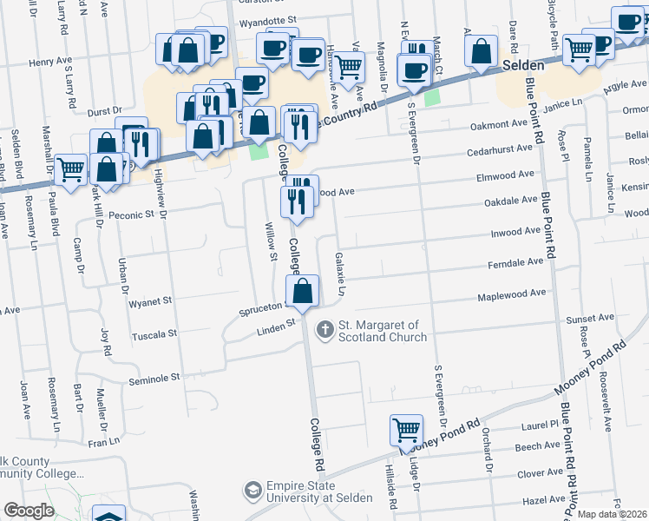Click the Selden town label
tap(523, 66)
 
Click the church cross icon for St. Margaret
tap(325, 329)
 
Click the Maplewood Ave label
tap(511, 297)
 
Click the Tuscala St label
tap(154, 333)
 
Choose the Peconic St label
tap(130, 214)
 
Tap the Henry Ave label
tap(47, 63)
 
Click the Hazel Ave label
tap(544, 501)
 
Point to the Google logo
tap(29, 511)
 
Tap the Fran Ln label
tap(102, 442)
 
